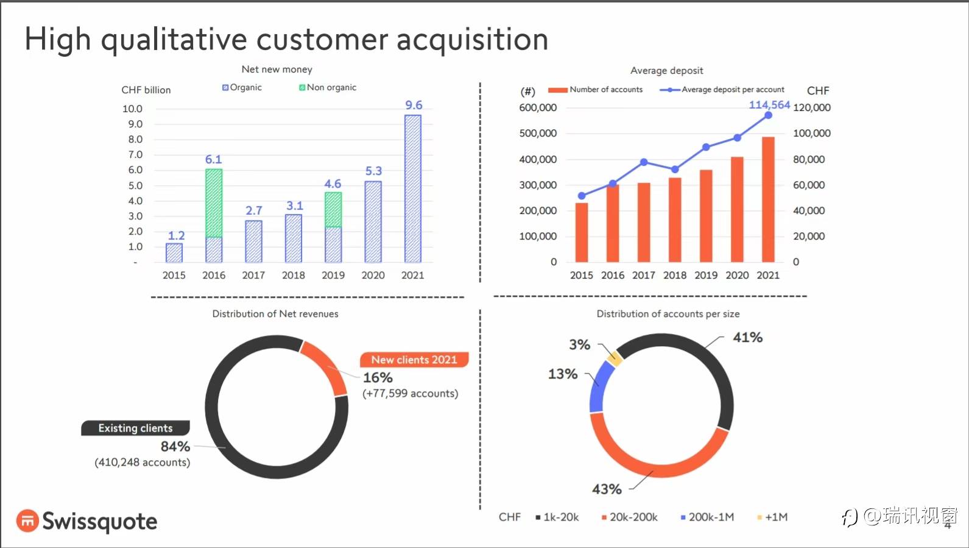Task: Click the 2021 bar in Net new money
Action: pos(412,189)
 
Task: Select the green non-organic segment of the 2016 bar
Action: pos(214,203)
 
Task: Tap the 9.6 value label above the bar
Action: pos(414,105)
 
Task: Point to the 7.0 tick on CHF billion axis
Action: pos(135,155)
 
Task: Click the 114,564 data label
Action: pos(769,105)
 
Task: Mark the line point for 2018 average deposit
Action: pos(675,169)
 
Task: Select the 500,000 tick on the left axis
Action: pos(538,133)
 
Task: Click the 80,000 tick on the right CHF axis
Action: pos(809,160)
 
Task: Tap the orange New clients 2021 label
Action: pos(414,360)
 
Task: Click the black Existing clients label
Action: pos(135,428)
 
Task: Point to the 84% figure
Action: pos(175,446)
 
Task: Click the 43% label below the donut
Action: pos(607,489)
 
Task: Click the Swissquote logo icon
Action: pos(27,521)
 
